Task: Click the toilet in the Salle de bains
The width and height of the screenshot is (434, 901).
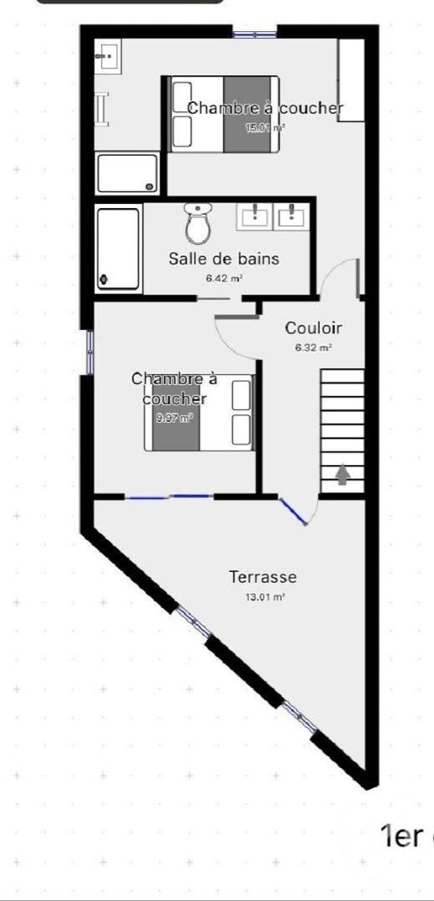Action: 198,224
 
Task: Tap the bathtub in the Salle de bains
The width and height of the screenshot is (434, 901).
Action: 118,249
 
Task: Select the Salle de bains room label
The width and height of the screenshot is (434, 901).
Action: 224,258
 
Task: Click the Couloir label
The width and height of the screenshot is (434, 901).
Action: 313,328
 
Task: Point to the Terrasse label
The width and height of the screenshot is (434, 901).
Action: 263,577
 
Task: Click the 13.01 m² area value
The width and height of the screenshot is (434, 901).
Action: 264,597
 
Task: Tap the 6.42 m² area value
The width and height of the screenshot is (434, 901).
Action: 224,278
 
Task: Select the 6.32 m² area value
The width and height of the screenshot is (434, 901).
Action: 313,348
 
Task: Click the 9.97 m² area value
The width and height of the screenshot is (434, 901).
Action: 174,418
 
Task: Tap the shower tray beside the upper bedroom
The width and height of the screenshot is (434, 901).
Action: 127,174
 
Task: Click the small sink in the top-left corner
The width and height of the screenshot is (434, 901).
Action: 106,57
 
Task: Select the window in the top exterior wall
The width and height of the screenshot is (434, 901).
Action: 254,31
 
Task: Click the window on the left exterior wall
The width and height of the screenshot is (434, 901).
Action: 89,351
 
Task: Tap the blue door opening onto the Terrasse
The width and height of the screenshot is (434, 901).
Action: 294,512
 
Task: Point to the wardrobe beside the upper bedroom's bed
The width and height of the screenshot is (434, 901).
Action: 351,80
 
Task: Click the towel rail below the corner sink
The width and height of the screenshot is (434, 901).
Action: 102,109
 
